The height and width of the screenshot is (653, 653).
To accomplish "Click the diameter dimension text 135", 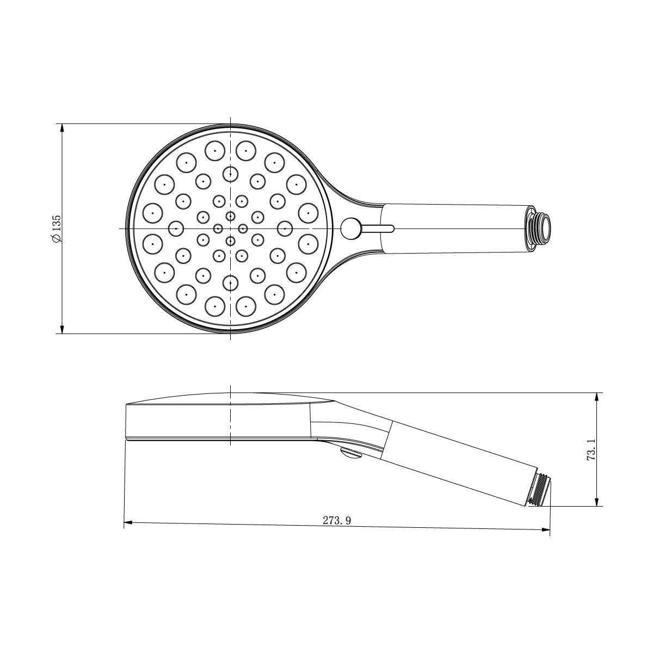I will (57, 224).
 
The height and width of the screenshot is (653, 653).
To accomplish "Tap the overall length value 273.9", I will (337, 520).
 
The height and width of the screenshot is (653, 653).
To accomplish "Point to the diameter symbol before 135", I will (57, 239).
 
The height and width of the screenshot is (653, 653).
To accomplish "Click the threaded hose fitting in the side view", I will (540, 488).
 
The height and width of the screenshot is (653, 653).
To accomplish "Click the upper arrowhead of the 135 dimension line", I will (62, 128).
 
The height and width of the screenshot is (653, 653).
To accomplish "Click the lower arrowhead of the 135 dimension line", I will (62, 329).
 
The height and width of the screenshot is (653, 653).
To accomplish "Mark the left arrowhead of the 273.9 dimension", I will (128, 523).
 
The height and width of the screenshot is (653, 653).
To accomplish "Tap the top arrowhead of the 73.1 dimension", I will (597, 397).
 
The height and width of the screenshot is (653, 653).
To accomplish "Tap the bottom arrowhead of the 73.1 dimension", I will (597, 502).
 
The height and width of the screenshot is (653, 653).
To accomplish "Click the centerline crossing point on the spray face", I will (231, 228).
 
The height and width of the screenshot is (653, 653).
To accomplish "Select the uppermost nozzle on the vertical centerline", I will (231, 174).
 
